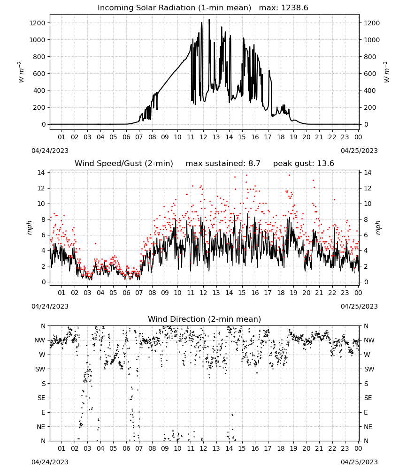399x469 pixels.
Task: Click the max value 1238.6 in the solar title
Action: point(294,8)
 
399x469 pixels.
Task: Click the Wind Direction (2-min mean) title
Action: point(205,319)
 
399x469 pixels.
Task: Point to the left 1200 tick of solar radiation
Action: point(37,23)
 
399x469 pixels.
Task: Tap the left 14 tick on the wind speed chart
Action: point(41,173)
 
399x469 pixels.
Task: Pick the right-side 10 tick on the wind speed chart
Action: point(368,204)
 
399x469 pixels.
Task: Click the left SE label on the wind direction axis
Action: point(41,398)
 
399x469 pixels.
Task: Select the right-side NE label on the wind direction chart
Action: point(368,427)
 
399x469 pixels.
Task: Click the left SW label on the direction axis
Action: point(40,369)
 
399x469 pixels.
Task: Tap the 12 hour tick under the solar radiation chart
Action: point(203,137)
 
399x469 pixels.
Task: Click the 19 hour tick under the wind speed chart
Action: point(294,293)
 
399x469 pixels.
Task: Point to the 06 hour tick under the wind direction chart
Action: point(126,448)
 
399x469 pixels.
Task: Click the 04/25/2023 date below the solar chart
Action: point(359,151)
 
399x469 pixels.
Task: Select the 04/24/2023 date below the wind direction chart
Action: point(50,462)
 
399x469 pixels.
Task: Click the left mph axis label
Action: point(29,227)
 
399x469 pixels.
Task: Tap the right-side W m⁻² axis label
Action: point(386,72)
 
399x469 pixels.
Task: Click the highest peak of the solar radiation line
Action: point(209,19)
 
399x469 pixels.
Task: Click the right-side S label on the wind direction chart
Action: point(366,384)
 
